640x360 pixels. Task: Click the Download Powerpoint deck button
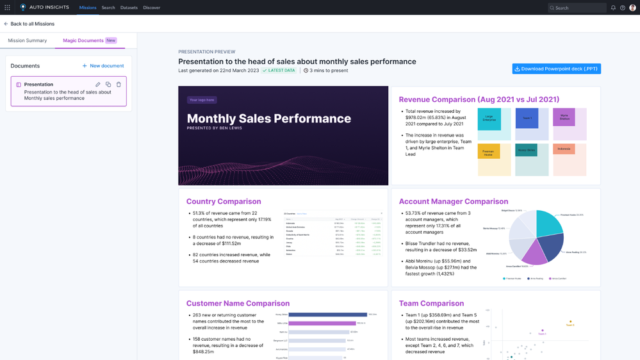[556, 69]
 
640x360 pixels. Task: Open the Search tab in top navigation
[108, 8]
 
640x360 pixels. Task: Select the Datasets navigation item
[129, 8]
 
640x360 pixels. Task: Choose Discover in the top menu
[152, 8]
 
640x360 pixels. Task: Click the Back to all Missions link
[29, 24]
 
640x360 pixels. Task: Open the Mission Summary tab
[28, 40]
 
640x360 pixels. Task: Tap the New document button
[103, 66]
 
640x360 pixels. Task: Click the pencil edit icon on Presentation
[98, 85]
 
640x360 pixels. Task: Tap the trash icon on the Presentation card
[119, 85]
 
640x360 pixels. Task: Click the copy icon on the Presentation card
[108, 85]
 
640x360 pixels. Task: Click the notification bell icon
[613, 8]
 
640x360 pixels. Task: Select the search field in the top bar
[577, 8]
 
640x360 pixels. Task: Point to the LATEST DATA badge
[279, 70]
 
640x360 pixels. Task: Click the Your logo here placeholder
[202, 100]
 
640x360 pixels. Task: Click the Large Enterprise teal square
[489, 119]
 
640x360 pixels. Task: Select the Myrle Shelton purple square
[564, 117]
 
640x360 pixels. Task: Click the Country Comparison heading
[224, 201]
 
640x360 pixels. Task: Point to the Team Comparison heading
[431, 303]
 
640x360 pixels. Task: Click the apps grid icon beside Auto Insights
[8, 8]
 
